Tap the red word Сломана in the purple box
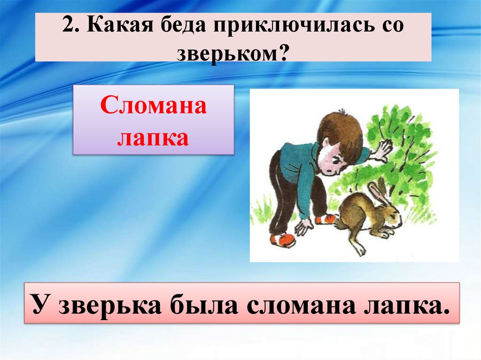[x=153, y=107]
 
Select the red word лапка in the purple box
[x=153, y=137]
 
